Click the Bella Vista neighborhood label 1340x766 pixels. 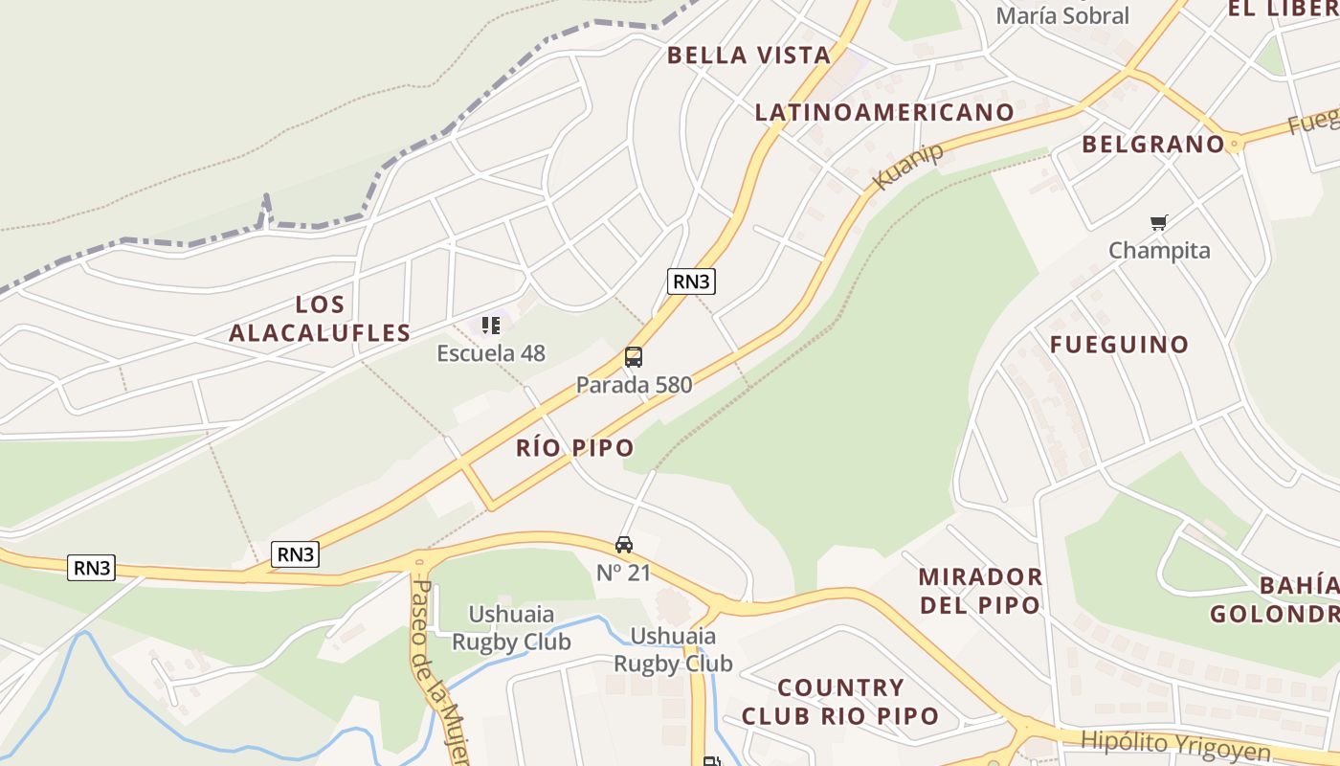pos(748,56)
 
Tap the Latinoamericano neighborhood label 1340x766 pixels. pos(884,113)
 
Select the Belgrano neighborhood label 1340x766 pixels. pos(1153,145)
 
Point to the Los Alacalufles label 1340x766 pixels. pos(320,319)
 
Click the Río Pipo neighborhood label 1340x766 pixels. pos(574,447)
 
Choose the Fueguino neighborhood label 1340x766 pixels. pos(1119,345)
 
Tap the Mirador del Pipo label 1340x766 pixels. pos(980,591)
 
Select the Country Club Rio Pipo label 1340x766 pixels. pos(840,702)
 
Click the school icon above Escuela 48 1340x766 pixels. pos(491,327)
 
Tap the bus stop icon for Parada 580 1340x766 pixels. pos(633,357)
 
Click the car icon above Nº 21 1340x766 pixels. pos(624,545)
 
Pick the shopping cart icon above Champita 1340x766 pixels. pos(1159,223)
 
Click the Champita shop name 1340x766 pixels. pos(1159,251)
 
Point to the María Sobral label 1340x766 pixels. pos(1062,16)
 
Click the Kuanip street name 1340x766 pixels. pos(908,165)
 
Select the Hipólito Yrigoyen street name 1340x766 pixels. pos(1175,745)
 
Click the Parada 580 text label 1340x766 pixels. pos(634,385)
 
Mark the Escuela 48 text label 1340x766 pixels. pos(491,353)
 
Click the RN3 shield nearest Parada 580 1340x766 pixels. pos(691,281)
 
